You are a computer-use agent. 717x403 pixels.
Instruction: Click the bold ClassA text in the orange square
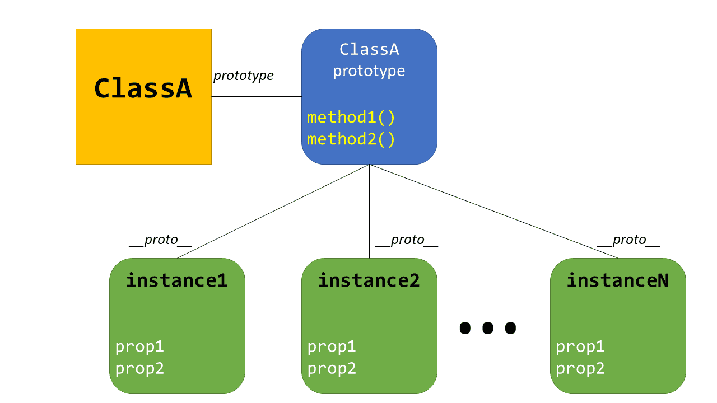tap(143, 88)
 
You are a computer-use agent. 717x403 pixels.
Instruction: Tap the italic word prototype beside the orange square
tap(243, 76)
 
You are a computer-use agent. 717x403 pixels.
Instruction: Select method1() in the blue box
tap(351, 118)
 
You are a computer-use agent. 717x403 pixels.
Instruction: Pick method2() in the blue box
tap(351, 139)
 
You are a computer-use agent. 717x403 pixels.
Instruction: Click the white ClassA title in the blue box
tap(369, 49)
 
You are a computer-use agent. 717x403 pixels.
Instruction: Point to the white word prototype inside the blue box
tap(369, 71)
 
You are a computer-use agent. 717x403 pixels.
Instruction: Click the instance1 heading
tap(176, 280)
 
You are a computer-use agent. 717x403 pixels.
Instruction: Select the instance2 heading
tap(369, 280)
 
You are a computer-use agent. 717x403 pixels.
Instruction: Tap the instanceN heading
tap(617, 280)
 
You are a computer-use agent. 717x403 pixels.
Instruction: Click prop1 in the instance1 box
tap(139, 347)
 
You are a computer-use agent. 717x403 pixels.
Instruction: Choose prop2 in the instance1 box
tap(139, 369)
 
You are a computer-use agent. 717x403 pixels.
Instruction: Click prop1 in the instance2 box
tap(332, 347)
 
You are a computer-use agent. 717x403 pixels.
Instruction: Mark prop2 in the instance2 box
tap(332, 369)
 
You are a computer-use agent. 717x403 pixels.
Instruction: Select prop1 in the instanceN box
tap(580, 347)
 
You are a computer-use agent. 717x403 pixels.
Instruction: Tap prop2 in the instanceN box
tap(580, 369)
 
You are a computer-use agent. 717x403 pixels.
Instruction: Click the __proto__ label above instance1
tap(160, 240)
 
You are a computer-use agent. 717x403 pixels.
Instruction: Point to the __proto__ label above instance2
tap(407, 240)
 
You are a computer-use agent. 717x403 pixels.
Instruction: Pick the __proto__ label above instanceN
tap(628, 240)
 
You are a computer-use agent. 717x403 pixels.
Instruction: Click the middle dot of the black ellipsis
tap(487, 328)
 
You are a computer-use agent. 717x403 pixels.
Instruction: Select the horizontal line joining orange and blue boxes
tap(256, 96)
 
